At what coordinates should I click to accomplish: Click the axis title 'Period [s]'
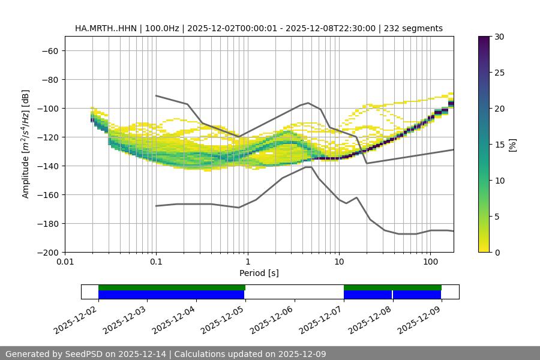[259, 273]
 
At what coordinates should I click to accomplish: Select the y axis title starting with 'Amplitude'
[26, 145]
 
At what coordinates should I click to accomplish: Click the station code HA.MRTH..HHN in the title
[106, 28]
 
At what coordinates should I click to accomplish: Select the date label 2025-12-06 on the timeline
[272, 319]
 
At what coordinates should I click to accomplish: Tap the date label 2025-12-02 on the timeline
[76, 319]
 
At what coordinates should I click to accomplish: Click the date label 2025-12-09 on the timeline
[419, 319]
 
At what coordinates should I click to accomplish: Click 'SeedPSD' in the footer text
[85, 354]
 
